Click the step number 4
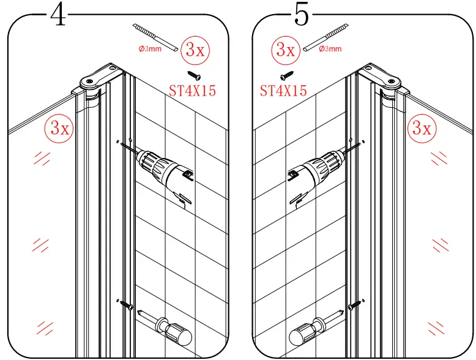(x=58, y=15)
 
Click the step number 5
(x=301, y=15)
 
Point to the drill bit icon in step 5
(x=328, y=38)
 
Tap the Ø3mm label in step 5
(x=330, y=49)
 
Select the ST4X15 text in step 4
(x=192, y=92)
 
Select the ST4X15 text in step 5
(x=283, y=92)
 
